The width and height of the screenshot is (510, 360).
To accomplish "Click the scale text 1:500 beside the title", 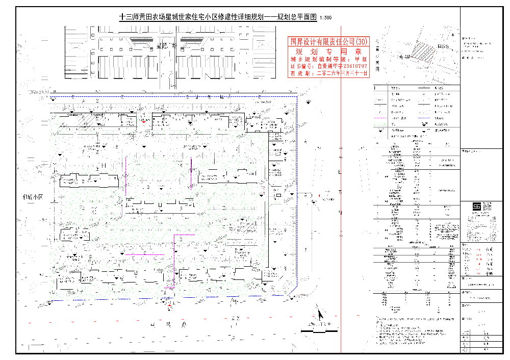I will [325, 18].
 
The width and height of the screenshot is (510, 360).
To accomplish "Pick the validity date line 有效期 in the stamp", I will [328, 73].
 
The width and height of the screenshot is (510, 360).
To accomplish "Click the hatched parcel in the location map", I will [420, 52].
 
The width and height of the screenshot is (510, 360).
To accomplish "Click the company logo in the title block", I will [476, 207].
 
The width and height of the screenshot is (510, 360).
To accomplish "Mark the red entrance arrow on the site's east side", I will [319, 195].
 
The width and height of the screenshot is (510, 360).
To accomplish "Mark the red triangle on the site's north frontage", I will [144, 121].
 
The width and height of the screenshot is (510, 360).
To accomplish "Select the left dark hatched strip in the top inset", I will [143, 40].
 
